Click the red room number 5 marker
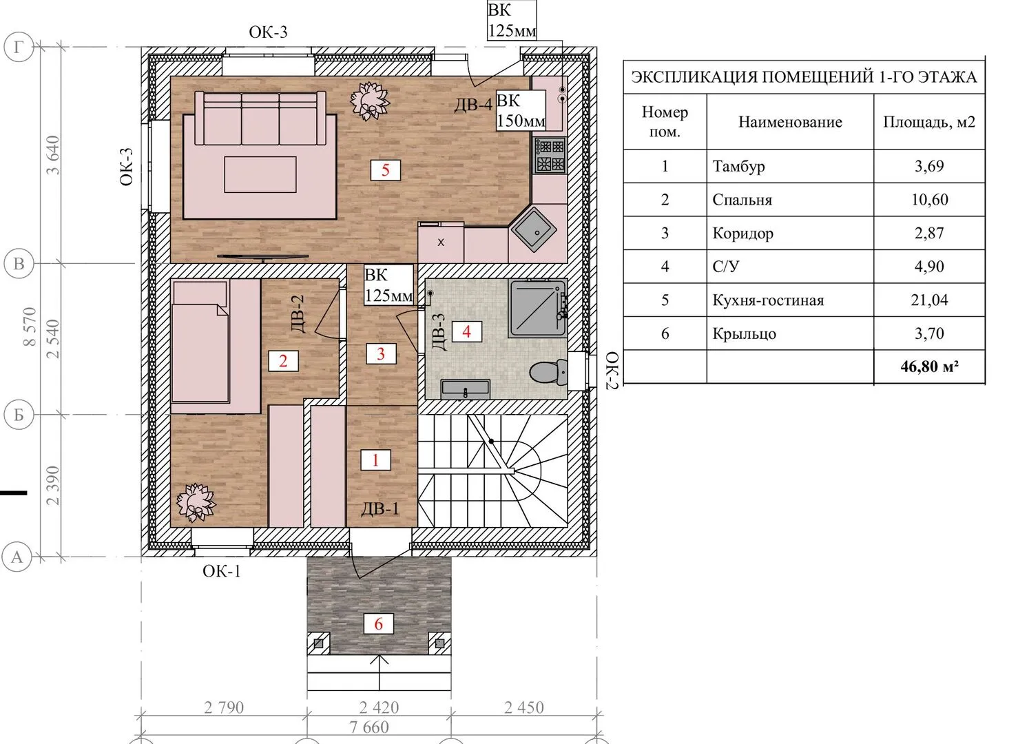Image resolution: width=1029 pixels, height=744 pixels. click(386, 170)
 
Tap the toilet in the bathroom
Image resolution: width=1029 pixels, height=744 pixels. click(548, 372)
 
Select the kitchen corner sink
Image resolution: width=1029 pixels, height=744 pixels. click(534, 229)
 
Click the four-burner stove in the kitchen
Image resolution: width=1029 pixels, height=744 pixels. click(550, 155)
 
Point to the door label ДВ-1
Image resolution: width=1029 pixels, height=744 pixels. click(380, 508)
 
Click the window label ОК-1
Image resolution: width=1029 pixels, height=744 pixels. click(222, 571)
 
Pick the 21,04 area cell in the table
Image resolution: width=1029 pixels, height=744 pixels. click(929, 300)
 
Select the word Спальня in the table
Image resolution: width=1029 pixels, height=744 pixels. click(742, 200)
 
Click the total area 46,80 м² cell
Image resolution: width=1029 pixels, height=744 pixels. click(929, 366)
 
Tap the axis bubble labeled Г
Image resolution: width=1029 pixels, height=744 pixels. click(19, 47)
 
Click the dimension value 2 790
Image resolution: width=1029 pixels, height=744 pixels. click(224, 707)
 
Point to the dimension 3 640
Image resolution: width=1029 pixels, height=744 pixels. click(53, 155)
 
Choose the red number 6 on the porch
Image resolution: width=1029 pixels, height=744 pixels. click(379, 623)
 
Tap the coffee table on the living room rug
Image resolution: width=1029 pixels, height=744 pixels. click(260, 174)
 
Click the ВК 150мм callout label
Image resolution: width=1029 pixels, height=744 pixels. click(521, 110)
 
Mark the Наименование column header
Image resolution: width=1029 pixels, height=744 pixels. click(790, 122)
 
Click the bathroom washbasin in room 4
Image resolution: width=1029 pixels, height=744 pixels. click(466, 389)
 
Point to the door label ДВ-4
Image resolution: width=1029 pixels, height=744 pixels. click(473, 105)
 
